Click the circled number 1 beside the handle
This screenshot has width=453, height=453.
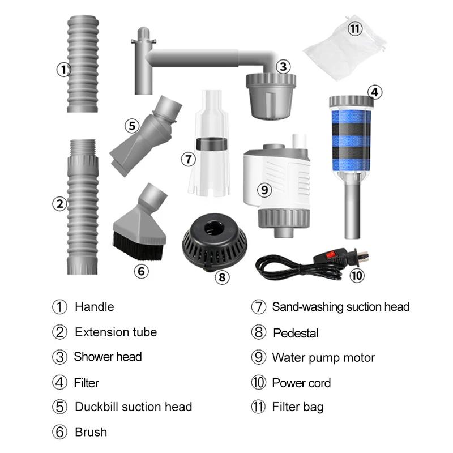tap(63, 70)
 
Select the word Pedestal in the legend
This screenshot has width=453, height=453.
tap(296, 333)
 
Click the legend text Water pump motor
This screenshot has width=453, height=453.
tap(323, 358)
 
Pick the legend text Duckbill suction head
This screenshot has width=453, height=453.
tap(133, 407)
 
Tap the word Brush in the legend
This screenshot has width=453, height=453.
tap(91, 433)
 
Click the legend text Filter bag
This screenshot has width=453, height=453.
tap(298, 407)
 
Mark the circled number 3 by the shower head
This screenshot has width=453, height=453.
tap(283, 66)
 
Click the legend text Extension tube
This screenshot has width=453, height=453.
tap(116, 332)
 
